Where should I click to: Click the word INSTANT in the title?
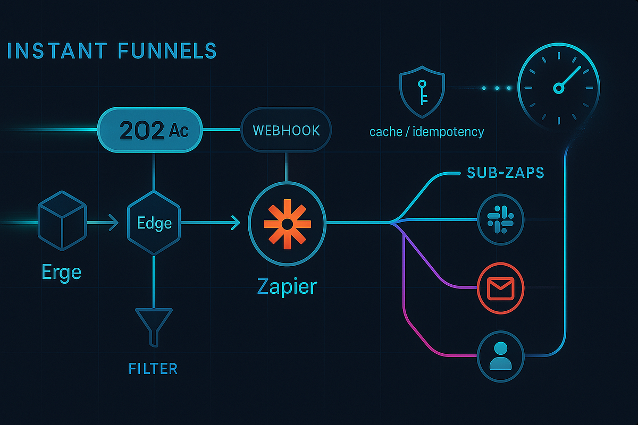click(x=57, y=50)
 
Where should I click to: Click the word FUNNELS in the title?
click(x=167, y=50)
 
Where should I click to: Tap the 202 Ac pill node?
click(x=150, y=130)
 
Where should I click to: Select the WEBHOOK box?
click(x=286, y=130)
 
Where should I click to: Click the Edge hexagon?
click(x=154, y=223)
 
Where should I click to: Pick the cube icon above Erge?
click(x=62, y=220)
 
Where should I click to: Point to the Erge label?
click(x=62, y=273)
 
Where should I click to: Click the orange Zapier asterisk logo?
click(x=287, y=224)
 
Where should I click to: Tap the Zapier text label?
click(x=287, y=287)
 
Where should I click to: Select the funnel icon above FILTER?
click(x=154, y=327)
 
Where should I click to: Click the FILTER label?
click(x=153, y=369)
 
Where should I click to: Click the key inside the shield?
click(x=422, y=92)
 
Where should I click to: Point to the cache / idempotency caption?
click(x=426, y=132)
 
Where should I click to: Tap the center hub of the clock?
click(x=559, y=88)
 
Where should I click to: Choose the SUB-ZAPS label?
click(x=506, y=173)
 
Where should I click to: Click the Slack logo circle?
click(x=500, y=219)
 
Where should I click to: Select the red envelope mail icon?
click(x=500, y=288)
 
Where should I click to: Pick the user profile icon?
click(x=500, y=356)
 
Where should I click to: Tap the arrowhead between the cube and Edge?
click(x=114, y=223)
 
